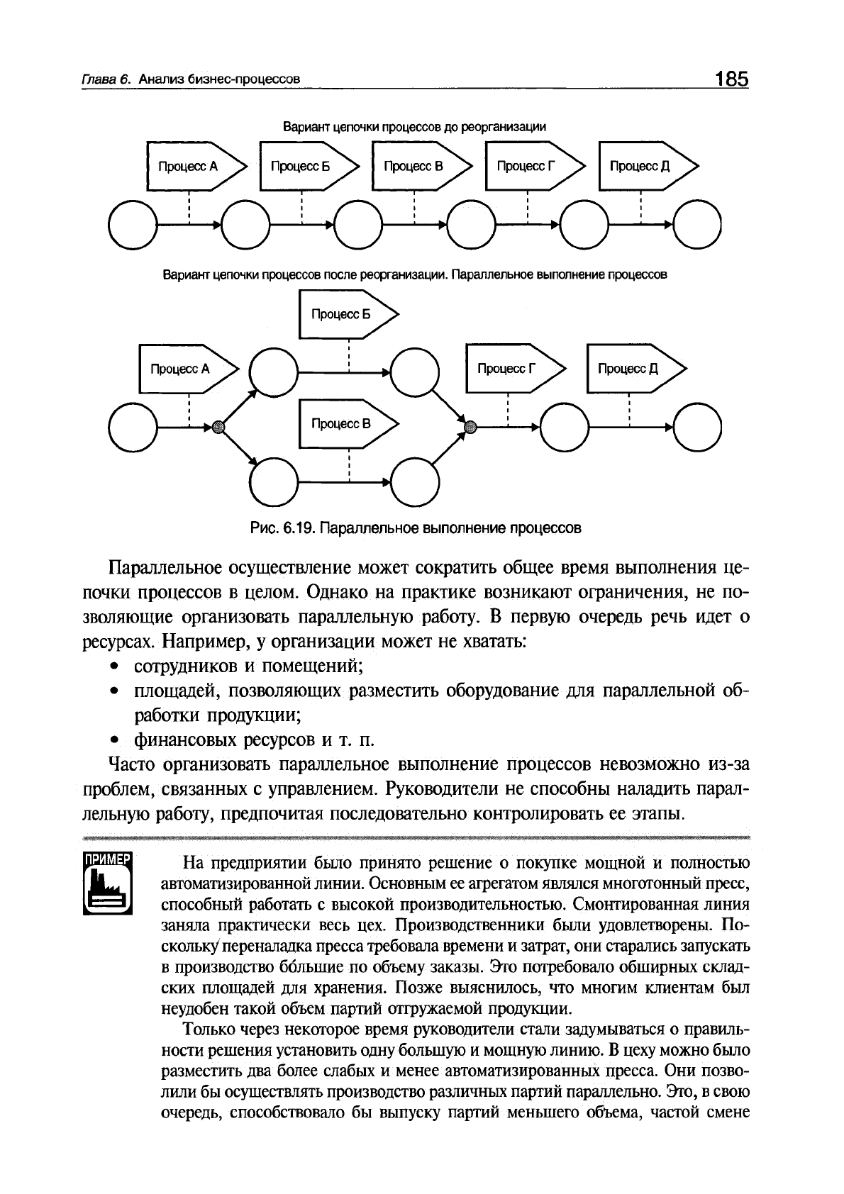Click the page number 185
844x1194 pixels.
point(731,79)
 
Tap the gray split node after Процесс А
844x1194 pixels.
point(218,426)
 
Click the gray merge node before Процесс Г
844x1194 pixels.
point(469,426)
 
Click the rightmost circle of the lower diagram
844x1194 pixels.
point(697,427)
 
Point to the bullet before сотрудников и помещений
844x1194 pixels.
point(113,666)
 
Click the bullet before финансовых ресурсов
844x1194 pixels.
point(113,740)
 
